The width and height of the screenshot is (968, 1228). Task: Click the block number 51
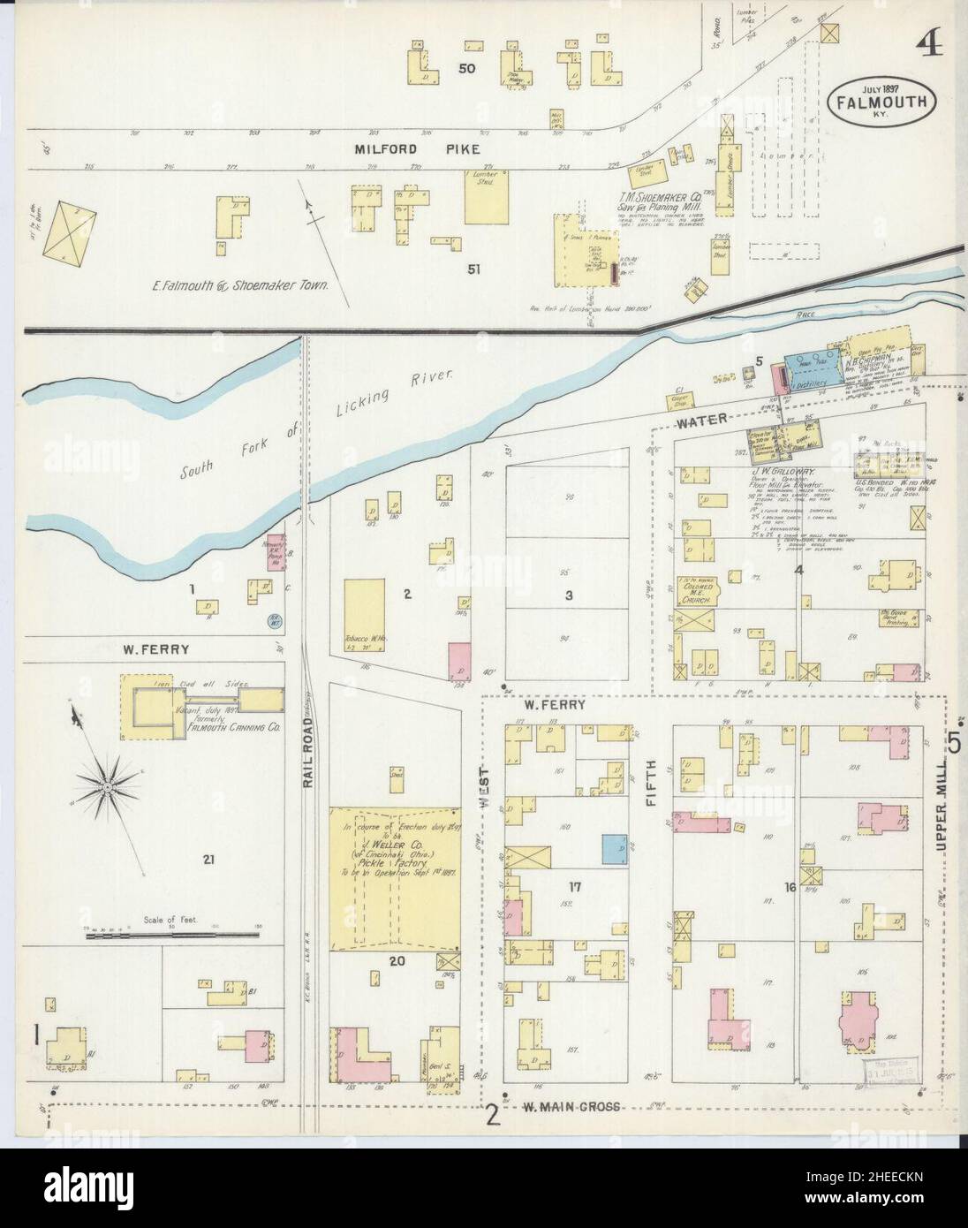point(473,269)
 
